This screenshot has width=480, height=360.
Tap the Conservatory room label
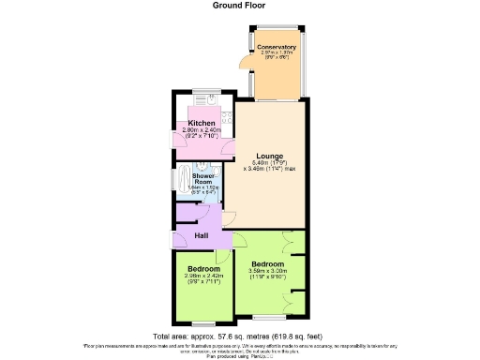(277, 47)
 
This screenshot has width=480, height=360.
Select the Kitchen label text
(202, 123)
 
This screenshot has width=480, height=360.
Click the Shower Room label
(203, 178)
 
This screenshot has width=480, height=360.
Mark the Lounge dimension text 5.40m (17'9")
(273, 163)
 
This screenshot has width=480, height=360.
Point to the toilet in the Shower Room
(216, 176)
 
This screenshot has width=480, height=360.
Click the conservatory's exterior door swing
(244, 62)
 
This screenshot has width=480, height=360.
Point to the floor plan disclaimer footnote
(240, 350)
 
